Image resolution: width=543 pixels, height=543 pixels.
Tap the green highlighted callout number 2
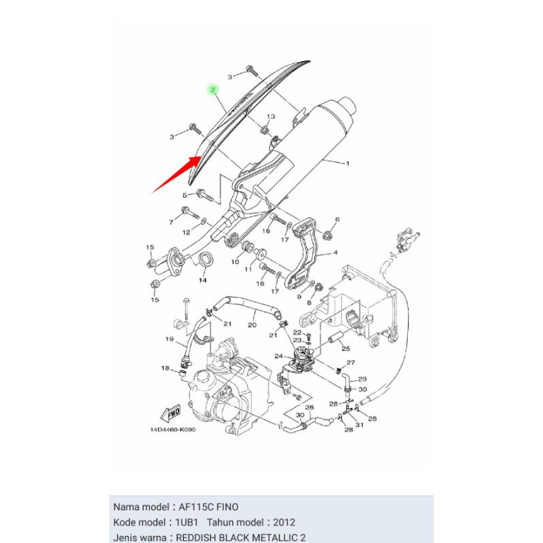point(212,90)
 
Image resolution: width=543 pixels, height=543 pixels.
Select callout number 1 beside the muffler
point(348,164)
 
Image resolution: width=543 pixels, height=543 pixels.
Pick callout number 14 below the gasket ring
point(202,280)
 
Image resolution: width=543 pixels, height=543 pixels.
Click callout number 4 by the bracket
point(335,253)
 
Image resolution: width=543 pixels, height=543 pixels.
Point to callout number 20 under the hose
point(252,325)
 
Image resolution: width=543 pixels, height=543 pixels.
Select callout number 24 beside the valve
point(278,356)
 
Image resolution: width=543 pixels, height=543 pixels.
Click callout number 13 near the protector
point(270,117)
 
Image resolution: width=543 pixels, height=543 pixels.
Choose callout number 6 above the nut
point(337,220)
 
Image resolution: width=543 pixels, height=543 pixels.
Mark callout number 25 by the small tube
point(345,349)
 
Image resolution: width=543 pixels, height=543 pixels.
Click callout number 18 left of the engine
point(164,369)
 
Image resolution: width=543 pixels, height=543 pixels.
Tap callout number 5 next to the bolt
point(183,195)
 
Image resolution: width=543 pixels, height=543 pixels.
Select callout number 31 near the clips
point(360,425)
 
